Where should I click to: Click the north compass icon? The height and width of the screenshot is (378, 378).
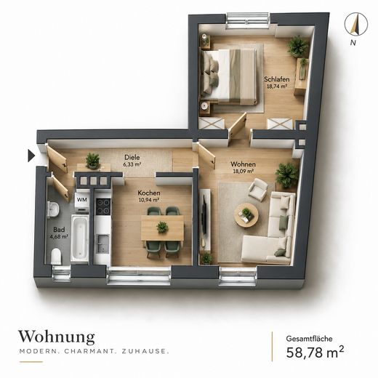coord(356,24)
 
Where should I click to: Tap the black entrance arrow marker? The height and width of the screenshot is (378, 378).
coord(31,156)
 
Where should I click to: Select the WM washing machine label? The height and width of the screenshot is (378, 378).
coord(82,200)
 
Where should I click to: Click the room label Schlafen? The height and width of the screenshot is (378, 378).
coord(277,79)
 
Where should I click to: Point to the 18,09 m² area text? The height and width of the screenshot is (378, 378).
coord(244,171)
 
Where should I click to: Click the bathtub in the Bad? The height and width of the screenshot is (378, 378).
coord(79,238)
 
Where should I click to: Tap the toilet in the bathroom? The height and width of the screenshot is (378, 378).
coord(57,256)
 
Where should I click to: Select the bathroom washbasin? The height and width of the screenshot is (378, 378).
coord(53,209)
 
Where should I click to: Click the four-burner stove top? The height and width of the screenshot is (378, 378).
coord(103,206)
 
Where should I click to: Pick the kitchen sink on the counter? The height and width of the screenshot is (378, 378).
coord(103,244)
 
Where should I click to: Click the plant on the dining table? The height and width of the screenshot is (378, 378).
coord(162,227)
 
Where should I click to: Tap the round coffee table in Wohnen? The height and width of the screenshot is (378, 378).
coord(246,215)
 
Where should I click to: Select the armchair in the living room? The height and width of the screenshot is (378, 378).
coord(258,190)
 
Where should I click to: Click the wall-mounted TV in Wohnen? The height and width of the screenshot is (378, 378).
coord(205,215)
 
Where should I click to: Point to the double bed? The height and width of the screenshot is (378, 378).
coord(228,77)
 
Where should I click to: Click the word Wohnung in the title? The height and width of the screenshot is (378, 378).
coord(57,337)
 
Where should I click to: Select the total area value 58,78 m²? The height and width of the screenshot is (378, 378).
coord(315,352)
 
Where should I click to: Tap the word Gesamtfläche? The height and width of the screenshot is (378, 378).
coord(309,339)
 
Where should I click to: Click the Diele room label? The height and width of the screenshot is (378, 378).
coord(132,157)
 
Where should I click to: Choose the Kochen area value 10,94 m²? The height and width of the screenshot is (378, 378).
coord(149,200)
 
